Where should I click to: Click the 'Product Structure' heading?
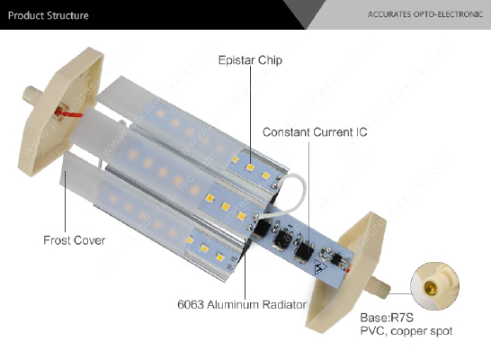49,15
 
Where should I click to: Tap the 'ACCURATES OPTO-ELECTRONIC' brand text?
425,14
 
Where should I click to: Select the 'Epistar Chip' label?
250,59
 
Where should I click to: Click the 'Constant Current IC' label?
315,132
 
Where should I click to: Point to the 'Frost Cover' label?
75,240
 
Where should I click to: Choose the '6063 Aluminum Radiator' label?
242,304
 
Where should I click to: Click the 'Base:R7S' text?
387,318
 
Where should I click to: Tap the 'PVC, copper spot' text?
406,331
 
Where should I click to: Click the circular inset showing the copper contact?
434,286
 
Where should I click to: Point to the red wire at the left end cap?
68,112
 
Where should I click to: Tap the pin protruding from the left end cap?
32,94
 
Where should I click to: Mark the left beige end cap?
59,112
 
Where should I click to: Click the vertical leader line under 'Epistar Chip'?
251,115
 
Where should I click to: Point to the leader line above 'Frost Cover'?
65,202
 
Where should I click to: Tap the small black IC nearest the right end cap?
336,259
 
